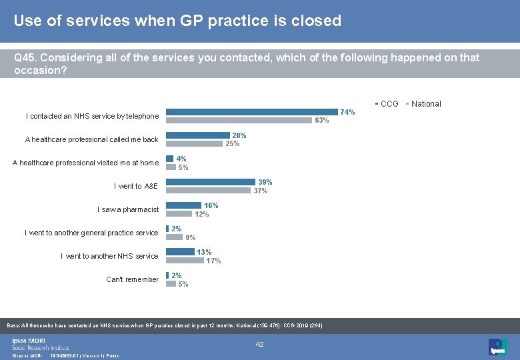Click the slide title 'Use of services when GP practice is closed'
(177, 21)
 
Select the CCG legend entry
(389, 104)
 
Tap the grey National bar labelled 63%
(239, 120)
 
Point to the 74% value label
(347, 112)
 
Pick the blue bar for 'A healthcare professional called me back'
(198, 135)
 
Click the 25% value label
(233, 143)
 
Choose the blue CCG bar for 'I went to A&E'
(211, 182)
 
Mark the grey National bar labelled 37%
(208, 190)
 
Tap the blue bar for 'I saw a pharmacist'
(183, 205)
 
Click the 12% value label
(201, 214)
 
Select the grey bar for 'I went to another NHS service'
(185, 260)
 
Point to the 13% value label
(204, 252)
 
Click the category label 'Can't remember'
(132, 279)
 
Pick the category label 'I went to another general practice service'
(91, 233)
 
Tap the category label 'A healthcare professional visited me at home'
(85, 163)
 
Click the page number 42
(260, 344)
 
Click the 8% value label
(191, 237)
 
